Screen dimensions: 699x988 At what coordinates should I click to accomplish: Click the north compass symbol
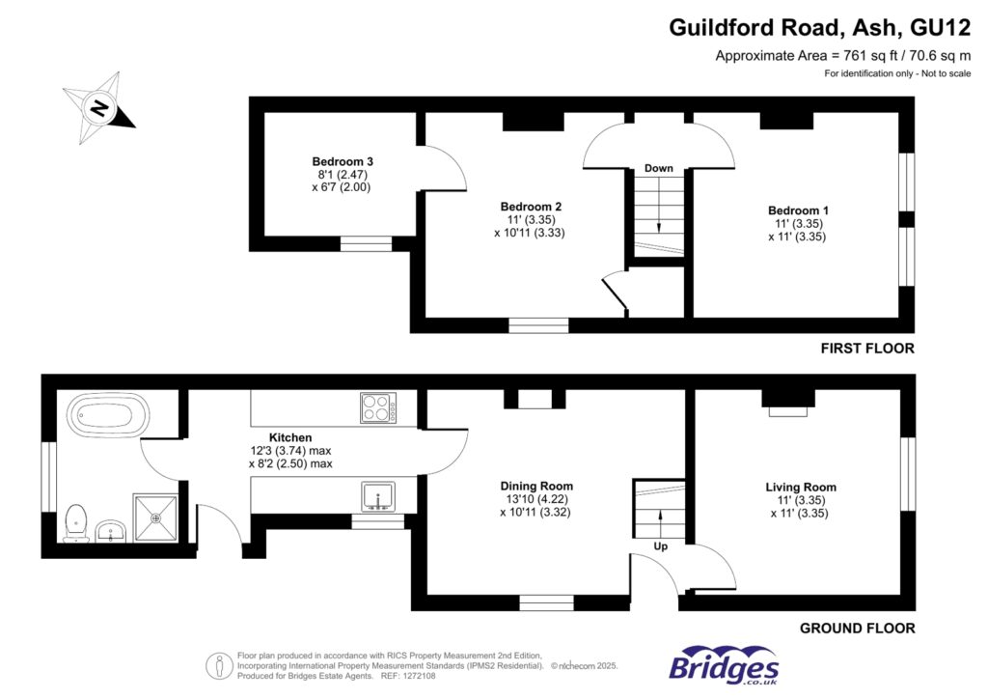98,107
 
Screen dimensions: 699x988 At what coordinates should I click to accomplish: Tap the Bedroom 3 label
343,161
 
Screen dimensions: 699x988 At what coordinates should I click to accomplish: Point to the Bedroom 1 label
798,210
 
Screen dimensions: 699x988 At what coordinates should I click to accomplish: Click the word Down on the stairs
659,169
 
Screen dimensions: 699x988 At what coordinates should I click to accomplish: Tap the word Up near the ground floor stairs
660,546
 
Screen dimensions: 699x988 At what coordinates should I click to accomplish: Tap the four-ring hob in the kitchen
378,407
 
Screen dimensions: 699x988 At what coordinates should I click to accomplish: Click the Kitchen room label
289,437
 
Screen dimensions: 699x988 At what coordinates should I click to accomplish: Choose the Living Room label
799,488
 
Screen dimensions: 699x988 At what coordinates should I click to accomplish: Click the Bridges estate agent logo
724,666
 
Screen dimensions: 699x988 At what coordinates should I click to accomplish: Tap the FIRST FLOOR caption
866,349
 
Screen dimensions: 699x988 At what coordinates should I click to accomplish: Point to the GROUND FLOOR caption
857,629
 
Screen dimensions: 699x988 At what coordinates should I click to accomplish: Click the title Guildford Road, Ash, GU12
819,28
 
